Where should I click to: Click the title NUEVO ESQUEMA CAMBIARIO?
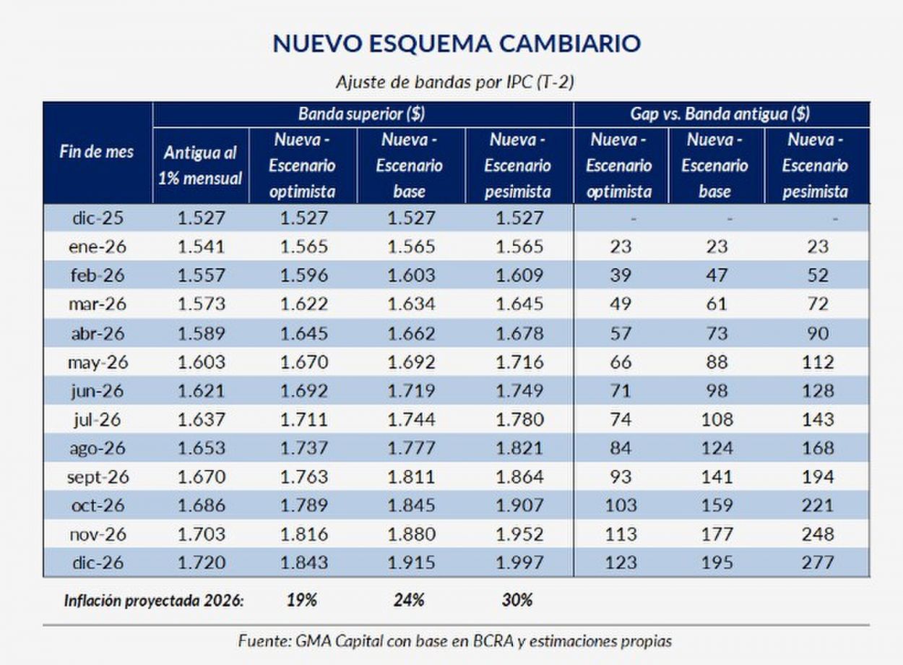tap(456, 43)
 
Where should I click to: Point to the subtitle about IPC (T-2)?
tap(455, 82)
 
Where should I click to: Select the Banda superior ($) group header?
tap(361, 113)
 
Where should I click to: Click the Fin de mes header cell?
tap(97, 153)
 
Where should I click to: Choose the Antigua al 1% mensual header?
tap(201, 166)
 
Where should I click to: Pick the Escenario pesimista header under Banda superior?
tap(517, 166)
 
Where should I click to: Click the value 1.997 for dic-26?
tap(519, 562)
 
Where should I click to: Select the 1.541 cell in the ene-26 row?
tap(202, 246)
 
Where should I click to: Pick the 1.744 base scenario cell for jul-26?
tap(411, 419)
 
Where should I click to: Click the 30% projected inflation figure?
tap(517, 600)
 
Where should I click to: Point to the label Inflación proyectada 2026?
tap(152, 600)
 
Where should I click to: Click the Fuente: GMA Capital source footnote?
tap(455, 641)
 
